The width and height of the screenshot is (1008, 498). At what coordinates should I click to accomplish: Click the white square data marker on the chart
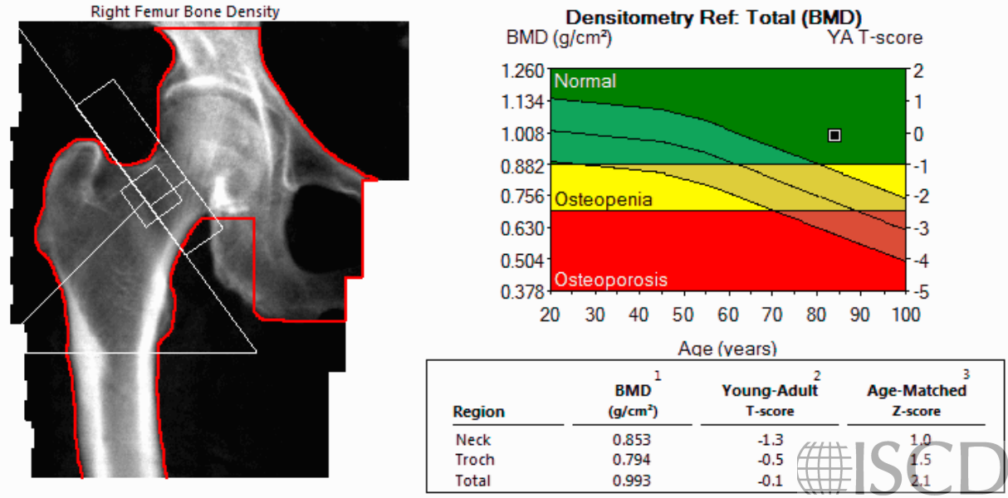(x=834, y=135)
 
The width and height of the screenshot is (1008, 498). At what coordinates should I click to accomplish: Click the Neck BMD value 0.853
(x=631, y=440)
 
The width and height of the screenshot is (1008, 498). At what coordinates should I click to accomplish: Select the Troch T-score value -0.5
(x=771, y=460)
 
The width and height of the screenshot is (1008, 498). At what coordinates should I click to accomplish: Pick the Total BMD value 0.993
(x=631, y=480)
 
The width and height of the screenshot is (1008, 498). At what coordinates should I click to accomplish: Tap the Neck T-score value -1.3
(x=771, y=440)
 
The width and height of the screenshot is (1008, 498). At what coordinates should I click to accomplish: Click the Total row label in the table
(x=472, y=480)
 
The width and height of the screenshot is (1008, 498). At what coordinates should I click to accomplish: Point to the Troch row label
(x=474, y=460)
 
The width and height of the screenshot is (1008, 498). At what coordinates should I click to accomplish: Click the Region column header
(x=478, y=412)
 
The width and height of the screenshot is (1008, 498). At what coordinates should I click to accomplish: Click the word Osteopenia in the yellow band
(x=603, y=200)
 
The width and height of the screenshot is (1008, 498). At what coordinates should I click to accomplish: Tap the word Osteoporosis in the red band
(x=610, y=280)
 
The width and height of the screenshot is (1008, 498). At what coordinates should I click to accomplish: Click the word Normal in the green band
(x=585, y=81)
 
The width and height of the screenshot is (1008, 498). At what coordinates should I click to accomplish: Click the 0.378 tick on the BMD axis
(x=522, y=291)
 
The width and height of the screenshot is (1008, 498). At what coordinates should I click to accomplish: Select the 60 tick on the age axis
(x=728, y=315)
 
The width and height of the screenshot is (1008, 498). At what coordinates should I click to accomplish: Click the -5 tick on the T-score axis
(x=916, y=291)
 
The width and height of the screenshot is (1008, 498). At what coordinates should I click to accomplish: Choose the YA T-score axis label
(x=874, y=37)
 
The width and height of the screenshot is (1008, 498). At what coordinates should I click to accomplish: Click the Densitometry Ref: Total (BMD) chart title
(x=714, y=17)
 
